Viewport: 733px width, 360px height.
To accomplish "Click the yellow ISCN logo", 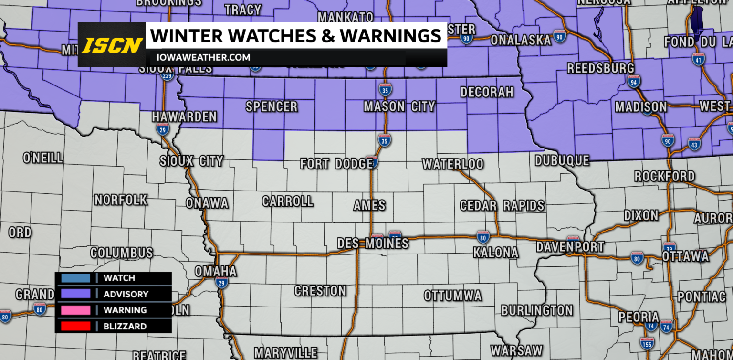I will tap(112, 45).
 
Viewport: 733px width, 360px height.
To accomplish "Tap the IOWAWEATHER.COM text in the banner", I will tap(200, 58).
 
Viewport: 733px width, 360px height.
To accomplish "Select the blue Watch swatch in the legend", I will tap(75, 278).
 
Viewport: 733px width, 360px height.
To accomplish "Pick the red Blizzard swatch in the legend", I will tap(75, 327).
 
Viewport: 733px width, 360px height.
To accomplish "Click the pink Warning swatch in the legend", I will tap(75, 310).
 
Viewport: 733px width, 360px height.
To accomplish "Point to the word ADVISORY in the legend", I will tap(126, 294).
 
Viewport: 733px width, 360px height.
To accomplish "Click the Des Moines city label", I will tap(373, 244).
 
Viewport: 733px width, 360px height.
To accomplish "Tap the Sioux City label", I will tap(191, 161).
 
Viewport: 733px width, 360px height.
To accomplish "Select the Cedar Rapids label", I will tap(502, 206).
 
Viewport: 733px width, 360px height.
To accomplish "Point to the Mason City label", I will tap(399, 106).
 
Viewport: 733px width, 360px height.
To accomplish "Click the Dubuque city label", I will tap(562, 161).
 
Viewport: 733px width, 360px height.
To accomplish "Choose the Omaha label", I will tap(215, 271).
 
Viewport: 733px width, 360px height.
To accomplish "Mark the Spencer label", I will tap(272, 106).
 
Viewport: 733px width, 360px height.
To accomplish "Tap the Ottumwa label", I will tap(453, 296).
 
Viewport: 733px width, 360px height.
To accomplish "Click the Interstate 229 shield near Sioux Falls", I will tap(167, 76).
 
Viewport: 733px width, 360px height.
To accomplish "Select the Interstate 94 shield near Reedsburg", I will tap(634, 83).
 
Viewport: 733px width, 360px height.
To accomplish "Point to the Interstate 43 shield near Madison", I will tap(694, 143).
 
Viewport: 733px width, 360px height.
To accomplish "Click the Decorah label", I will tap(486, 92).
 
